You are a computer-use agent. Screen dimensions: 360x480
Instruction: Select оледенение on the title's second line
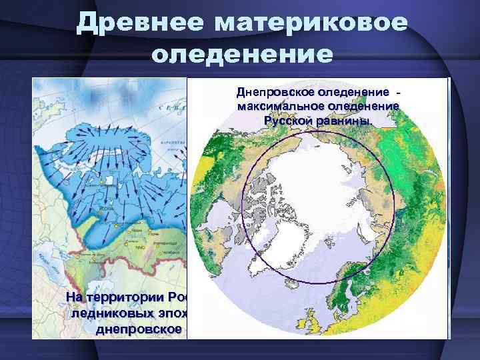click(x=241, y=53)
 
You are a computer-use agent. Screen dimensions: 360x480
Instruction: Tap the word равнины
click(x=345, y=121)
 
